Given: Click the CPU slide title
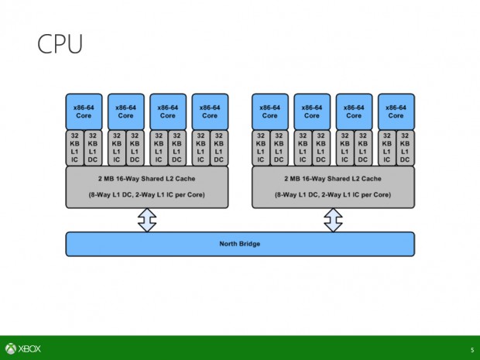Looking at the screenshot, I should tap(60, 44).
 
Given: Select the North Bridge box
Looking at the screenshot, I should tap(239, 244).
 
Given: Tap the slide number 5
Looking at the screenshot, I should tap(471, 349).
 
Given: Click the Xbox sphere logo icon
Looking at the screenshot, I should tap(11, 348).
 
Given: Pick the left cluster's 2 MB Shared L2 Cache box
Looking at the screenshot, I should tap(146, 187).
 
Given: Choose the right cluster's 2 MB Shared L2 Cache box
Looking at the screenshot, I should tap(333, 187).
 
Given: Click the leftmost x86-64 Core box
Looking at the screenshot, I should tap(84, 111).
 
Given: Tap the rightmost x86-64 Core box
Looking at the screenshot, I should tap(396, 111).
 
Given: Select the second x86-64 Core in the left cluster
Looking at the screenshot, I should tap(125, 111).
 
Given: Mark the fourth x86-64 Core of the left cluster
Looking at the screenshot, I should tap(209, 111).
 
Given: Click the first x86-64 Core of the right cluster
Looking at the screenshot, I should tap(270, 111).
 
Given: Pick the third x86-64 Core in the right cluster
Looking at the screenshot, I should tap(354, 111).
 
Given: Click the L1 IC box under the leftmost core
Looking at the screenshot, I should tap(74, 147).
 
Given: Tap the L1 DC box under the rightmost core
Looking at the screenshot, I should tap(405, 147).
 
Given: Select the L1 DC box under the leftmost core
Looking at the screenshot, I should tap(93, 147).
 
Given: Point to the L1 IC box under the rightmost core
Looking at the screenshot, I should tap(386, 147).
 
